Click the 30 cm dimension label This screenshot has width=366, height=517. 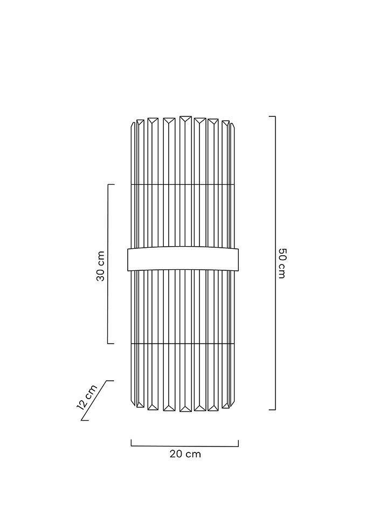pyautogui.click(x=100, y=266)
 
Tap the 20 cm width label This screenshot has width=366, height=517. pyautogui.click(x=185, y=454)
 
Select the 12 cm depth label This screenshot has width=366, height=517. pyautogui.click(x=87, y=397)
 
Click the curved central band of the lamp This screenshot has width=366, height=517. pyautogui.click(x=183, y=259)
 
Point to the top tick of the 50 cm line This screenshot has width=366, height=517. pyautogui.click(x=272, y=117)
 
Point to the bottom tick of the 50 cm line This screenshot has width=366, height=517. pyautogui.click(x=272, y=410)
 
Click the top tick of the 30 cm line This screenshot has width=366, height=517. pyautogui.click(x=111, y=185)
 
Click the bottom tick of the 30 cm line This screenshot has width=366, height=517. pyautogui.click(x=111, y=344)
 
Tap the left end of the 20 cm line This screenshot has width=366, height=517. pyautogui.click(x=132, y=443)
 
